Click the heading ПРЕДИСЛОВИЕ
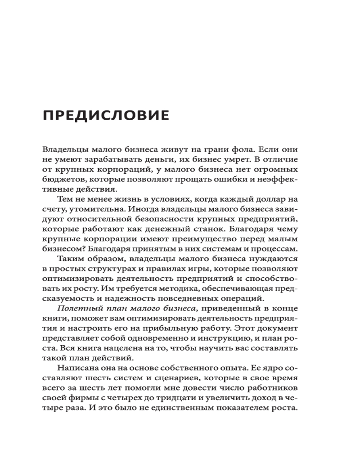point(106,116)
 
